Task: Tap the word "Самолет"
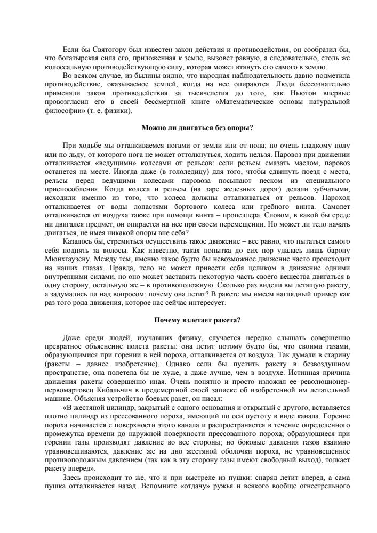click(x=333, y=204)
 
